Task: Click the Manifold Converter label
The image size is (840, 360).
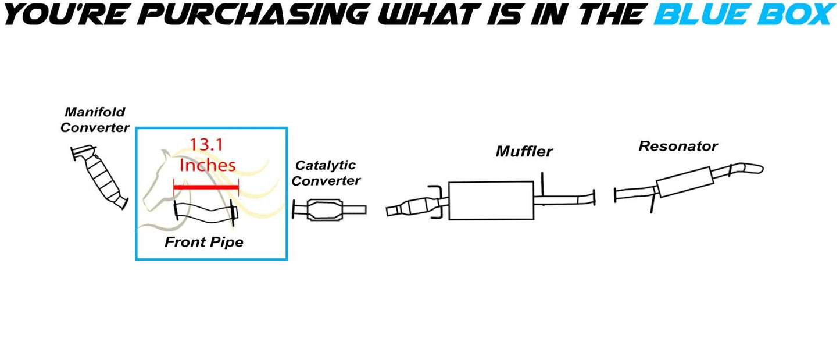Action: (x=95, y=120)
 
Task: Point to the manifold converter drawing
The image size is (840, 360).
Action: (x=99, y=176)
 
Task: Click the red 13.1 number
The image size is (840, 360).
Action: (x=206, y=145)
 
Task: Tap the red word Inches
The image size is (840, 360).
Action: (x=208, y=165)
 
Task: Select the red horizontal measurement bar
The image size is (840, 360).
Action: (x=206, y=187)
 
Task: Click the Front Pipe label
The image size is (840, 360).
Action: (x=203, y=242)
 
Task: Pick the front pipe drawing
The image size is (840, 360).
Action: (x=206, y=213)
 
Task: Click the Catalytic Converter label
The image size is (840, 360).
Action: (x=326, y=173)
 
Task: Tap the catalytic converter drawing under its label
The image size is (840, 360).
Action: (x=329, y=209)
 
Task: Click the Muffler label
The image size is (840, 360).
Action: (x=524, y=151)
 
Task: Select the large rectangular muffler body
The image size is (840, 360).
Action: (x=491, y=201)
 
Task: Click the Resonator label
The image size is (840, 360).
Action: (x=678, y=146)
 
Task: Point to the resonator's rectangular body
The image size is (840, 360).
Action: (x=685, y=182)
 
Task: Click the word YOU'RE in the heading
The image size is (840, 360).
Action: (x=65, y=15)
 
